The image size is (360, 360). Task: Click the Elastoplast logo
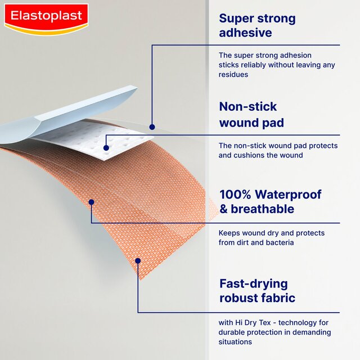coord(46,19)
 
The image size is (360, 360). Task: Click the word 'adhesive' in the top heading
coord(245,33)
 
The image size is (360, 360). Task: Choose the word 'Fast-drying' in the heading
coord(253,283)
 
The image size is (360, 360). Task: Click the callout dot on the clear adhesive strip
coord(152,127)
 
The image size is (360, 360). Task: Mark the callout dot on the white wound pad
coord(106,148)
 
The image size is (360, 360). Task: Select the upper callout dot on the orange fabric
coord(91,201)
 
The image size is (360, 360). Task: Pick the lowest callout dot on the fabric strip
coord(138,260)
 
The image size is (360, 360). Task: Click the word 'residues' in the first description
coord(233,74)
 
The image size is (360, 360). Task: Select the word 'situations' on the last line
coord(236,342)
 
